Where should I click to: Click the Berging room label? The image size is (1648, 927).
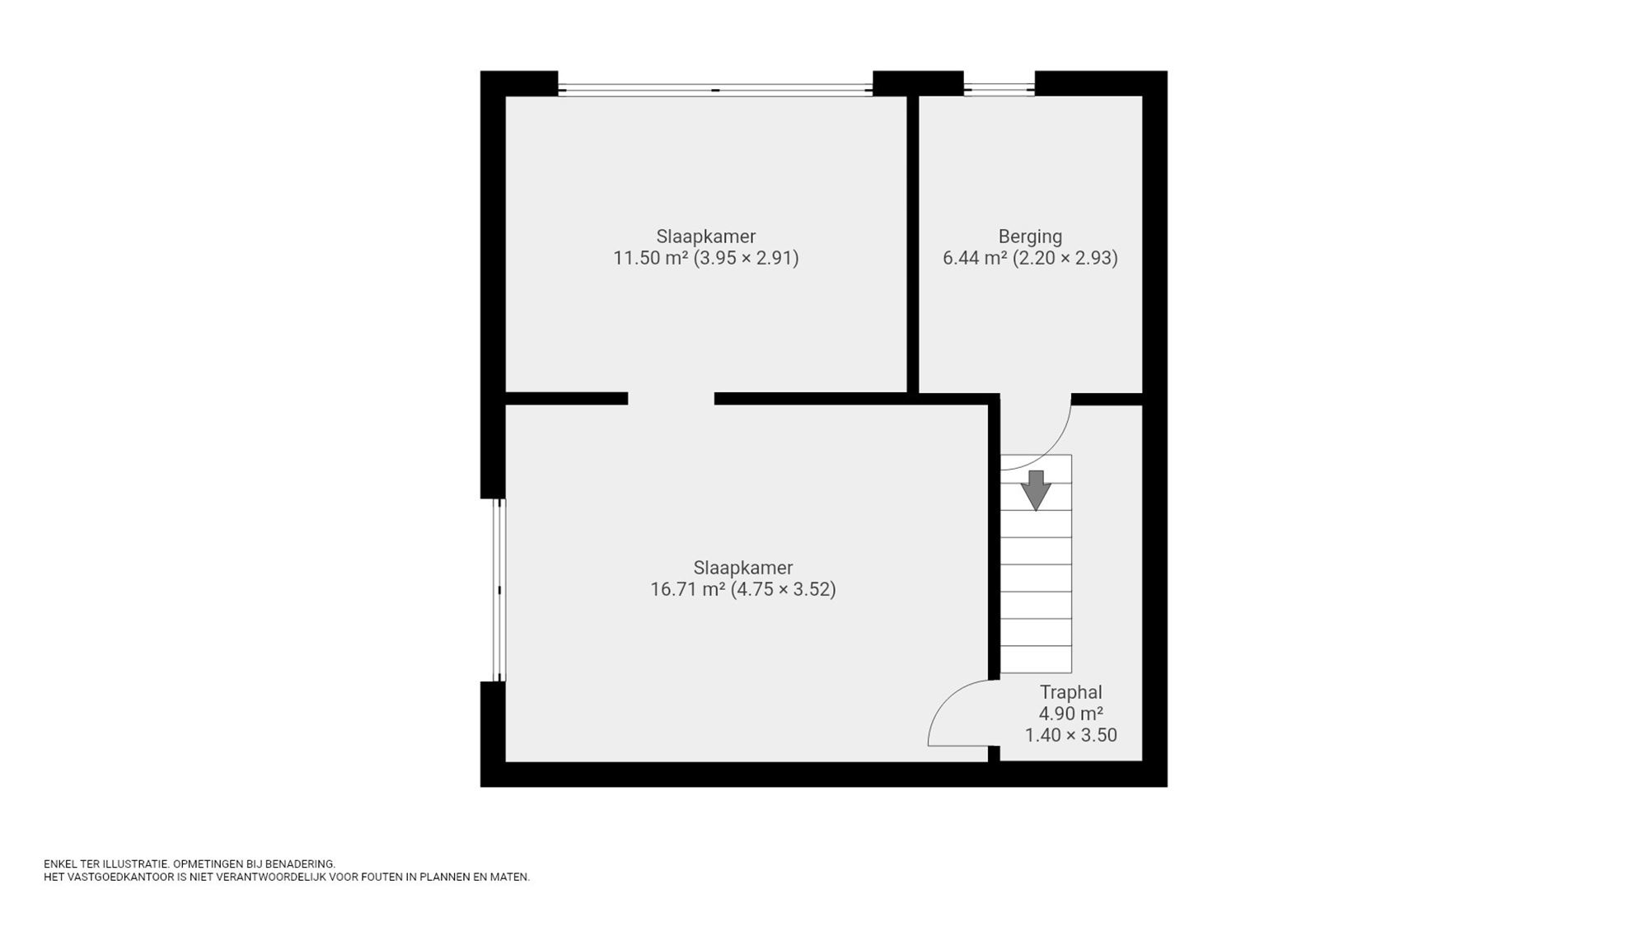1030,236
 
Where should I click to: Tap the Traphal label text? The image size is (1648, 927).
1070,692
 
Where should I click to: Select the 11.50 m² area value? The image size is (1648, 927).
650,258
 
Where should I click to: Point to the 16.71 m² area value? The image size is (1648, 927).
687,589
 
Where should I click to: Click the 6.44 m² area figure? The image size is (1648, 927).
975,258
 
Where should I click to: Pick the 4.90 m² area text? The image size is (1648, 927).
1070,714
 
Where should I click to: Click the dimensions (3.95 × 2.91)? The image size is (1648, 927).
746,258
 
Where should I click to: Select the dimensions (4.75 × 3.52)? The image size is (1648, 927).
784,589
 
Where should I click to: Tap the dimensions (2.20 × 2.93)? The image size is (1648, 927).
1065,258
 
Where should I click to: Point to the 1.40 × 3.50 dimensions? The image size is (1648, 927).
1070,735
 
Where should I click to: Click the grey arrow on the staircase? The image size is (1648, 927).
1036,490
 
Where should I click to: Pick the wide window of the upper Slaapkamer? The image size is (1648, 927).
715,90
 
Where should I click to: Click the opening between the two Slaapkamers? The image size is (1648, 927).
671,399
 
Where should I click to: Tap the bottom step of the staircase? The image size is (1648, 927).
1036,659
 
